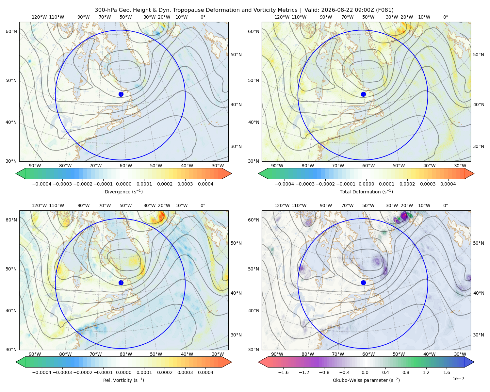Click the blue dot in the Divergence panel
[121, 94]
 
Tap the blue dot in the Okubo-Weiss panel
[363, 283]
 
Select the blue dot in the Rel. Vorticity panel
[121, 283]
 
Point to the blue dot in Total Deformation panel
[363, 94]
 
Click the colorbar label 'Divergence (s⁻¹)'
[123, 191]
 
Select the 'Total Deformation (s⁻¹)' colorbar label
[366, 191]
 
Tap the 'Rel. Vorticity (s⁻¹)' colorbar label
[123, 380]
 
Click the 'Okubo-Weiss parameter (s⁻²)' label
[366, 380]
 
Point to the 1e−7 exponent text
[458, 379]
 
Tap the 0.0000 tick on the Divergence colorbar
[123, 184]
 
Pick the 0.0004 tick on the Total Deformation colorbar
[448, 184]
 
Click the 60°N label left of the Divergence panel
[11, 31]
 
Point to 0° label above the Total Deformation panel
[445, 17]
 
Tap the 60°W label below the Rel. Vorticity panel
[126, 354]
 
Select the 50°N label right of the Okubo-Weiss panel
[478, 243]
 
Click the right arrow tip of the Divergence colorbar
[232, 173]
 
